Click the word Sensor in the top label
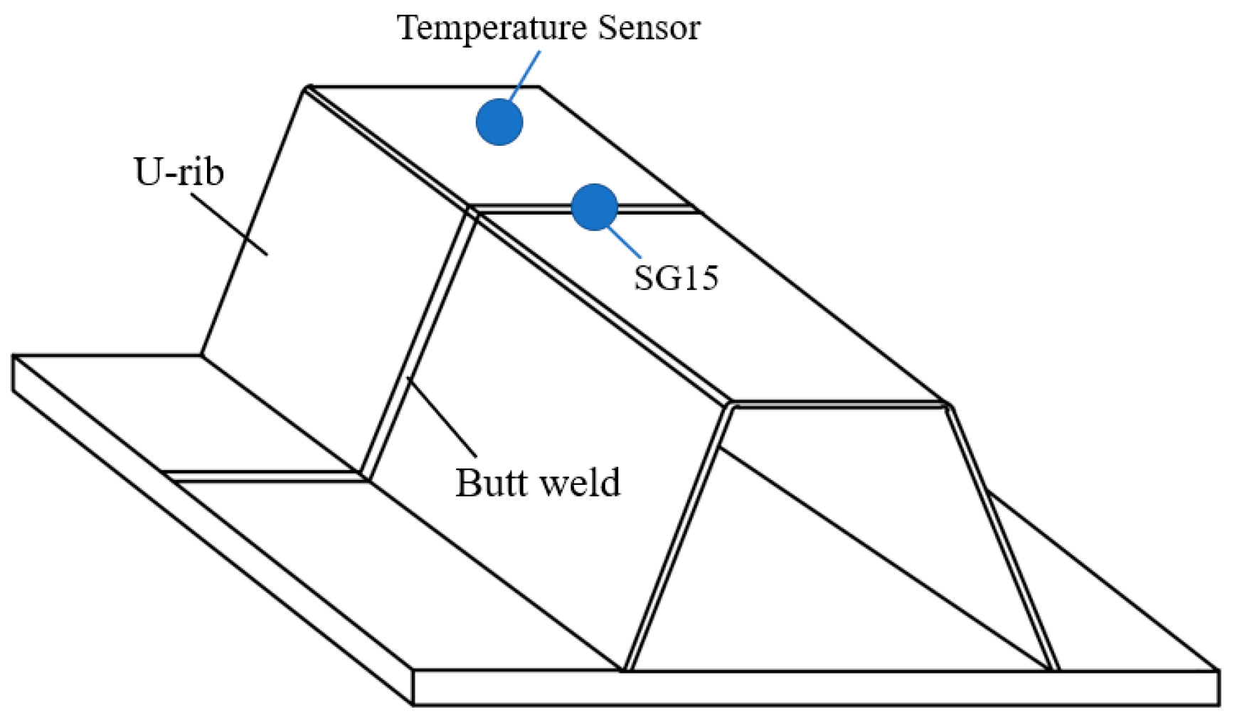click(649, 28)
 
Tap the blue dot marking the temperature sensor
click(499, 122)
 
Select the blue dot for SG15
click(594, 207)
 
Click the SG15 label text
click(676, 277)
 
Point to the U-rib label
click(179, 172)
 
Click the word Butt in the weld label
click(489, 483)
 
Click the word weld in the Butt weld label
click(581, 483)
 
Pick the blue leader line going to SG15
click(625, 242)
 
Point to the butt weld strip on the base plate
click(263, 476)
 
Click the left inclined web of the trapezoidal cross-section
click(679, 537)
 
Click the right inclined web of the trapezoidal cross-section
click(1003, 537)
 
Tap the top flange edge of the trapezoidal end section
click(839, 405)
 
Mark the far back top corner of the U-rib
click(308, 88)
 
